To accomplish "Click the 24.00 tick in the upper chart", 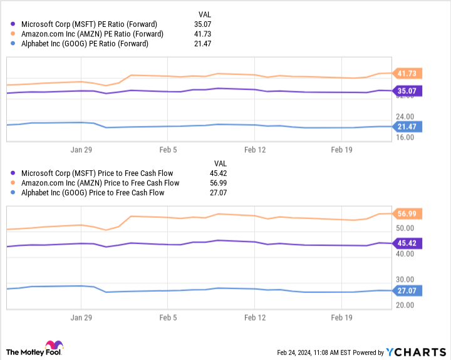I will click(405, 116).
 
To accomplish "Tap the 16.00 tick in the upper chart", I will click(405, 137).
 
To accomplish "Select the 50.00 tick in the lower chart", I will click(405, 228).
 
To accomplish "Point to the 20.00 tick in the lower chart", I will click(405, 306).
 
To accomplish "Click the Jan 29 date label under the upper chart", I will click(81, 150).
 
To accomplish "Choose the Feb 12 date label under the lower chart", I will click(255, 318).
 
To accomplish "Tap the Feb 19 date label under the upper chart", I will click(341, 150).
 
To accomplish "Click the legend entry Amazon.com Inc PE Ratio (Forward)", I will click(92, 34).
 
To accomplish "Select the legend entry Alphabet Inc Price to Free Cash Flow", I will click(93, 193).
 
